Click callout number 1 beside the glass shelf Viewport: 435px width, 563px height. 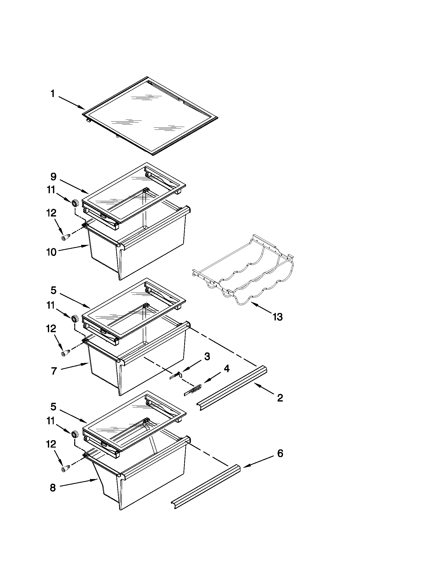(52, 94)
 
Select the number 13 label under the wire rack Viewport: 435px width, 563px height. (278, 317)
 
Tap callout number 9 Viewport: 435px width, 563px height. (53, 177)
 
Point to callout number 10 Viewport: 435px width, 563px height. (51, 252)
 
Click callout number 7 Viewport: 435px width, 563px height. (53, 371)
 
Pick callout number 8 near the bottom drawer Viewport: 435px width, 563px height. (52, 488)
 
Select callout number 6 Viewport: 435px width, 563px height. (280, 453)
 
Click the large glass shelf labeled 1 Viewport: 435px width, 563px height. (151, 116)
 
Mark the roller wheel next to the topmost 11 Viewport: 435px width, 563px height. (75, 203)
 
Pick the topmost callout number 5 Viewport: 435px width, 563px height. (53, 290)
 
